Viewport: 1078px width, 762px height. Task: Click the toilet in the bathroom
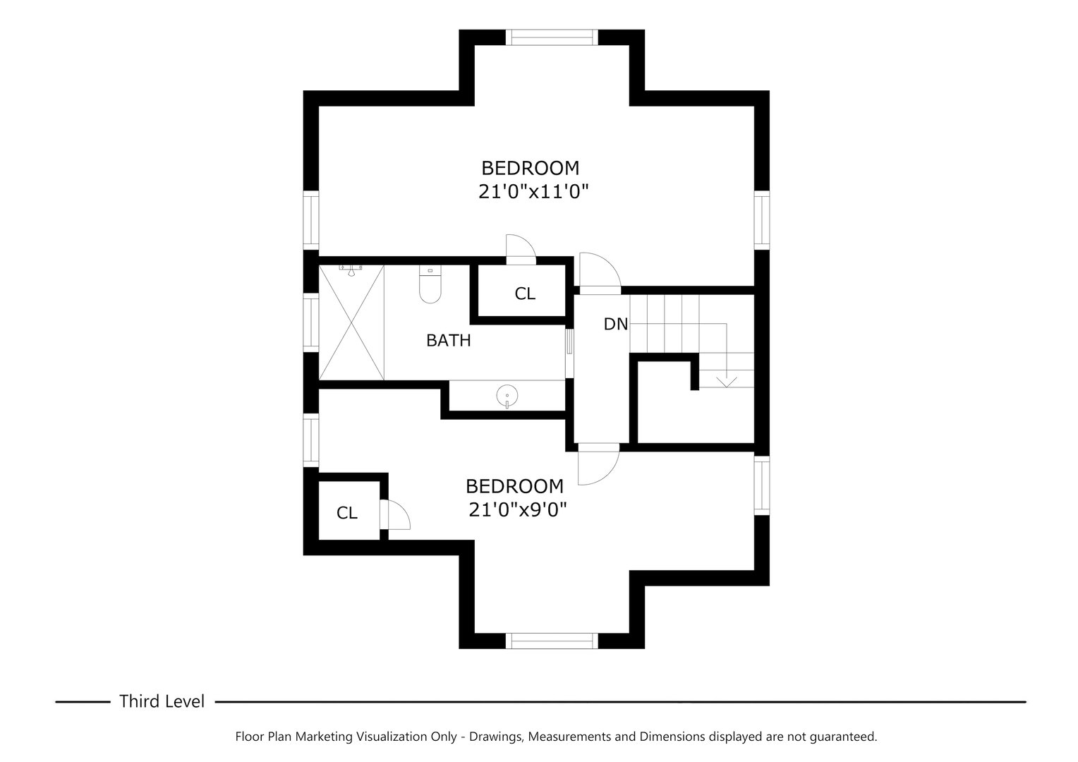tap(430, 286)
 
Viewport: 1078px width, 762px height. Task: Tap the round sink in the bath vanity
tap(507, 396)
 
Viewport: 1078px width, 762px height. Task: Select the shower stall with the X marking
tap(352, 322)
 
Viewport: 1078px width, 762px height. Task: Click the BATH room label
tap(448, 341)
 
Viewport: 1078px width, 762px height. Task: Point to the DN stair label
tap(615, 325)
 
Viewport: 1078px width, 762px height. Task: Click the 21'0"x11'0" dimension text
tap(533, 191)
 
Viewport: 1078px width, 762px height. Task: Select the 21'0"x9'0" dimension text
tap(518, 509)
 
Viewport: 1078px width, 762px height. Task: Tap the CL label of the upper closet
tap(525, 294)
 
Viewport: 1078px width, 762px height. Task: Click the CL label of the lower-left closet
tap(347, 513)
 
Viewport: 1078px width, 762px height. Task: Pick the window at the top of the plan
tap(554, 37)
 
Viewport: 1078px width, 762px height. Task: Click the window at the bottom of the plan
tap(552, 641)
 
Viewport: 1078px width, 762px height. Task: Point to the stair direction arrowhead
tap(726, 382)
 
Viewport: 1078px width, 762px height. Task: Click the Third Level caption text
tap(162, 701)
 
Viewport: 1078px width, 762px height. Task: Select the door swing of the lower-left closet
tap(396, 514)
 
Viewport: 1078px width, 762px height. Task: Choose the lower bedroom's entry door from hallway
tap(598, 466)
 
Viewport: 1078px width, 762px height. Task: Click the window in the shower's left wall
tap(310, 322)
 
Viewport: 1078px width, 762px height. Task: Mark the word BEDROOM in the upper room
tap(530, 169)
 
